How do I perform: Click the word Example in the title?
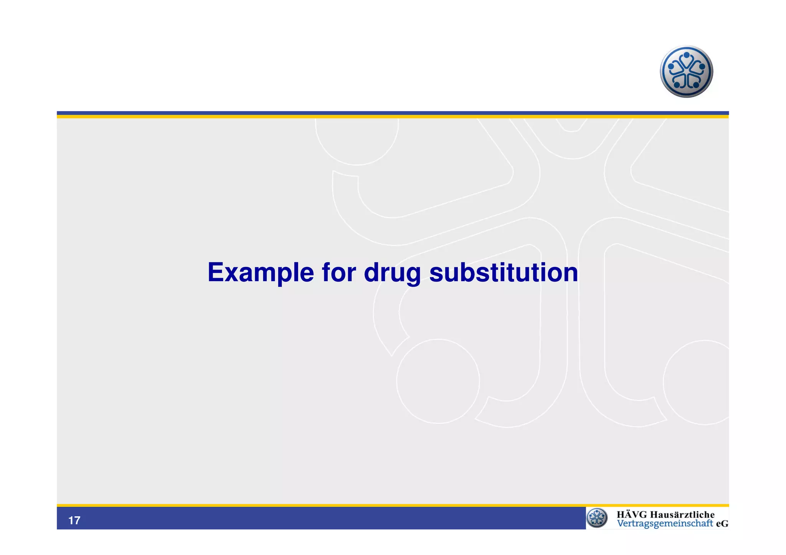point(261,273)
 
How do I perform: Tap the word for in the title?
point(339,273)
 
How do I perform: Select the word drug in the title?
point(392,273)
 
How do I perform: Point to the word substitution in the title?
point(503,273)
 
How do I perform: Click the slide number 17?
point(74,520)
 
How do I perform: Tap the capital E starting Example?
point(215,273)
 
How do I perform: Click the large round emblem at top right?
point(686,72)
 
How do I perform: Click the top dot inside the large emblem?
point(687,55)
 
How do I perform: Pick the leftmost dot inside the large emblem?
point(670,66)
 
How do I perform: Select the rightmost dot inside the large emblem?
point(702,66)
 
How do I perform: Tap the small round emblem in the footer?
point(597,518)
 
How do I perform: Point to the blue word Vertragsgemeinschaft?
point(665,524)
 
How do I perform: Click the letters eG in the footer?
point(722,524)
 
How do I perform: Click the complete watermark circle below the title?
point(438,381)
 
